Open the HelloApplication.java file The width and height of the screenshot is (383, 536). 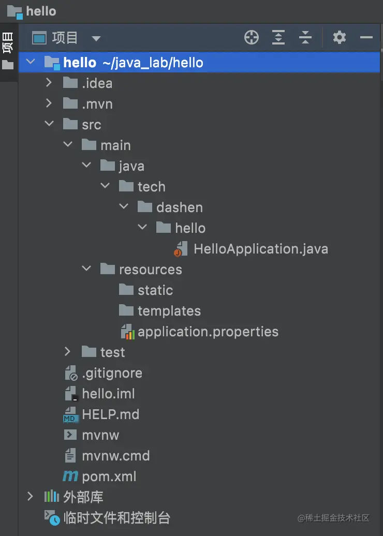[x=260, y=249]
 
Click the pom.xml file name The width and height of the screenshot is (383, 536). [x=109, y=477]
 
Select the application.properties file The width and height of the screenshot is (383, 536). [x=208, y=332]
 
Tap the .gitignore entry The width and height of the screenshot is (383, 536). [x=112, y=373]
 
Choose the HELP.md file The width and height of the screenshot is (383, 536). [x=110, y=414]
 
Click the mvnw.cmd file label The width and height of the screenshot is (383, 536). [x=115, y=456]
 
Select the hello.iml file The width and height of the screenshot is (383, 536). [x=108, y=394]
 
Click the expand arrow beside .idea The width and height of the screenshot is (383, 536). [x=49, y=83]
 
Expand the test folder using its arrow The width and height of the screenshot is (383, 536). [x=68, y=352]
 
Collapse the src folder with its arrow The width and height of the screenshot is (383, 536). [x=49, y=124]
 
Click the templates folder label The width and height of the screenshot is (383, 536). [x=169, y=311]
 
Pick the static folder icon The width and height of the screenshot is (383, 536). [x=126, y=290]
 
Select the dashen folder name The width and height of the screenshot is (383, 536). [x=179, y=207]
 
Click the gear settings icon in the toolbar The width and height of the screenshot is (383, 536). [x=340, y=37]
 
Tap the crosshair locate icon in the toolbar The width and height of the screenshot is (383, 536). [x=252, y=37]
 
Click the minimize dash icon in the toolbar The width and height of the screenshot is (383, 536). [x=366, y=37]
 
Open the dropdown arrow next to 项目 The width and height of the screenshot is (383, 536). [x=96, y=38]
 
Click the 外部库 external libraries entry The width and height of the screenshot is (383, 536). [x=83, y=497]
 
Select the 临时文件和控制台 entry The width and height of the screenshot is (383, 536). [x=116, y=518]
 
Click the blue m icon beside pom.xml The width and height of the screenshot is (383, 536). [x=70, y=477]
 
